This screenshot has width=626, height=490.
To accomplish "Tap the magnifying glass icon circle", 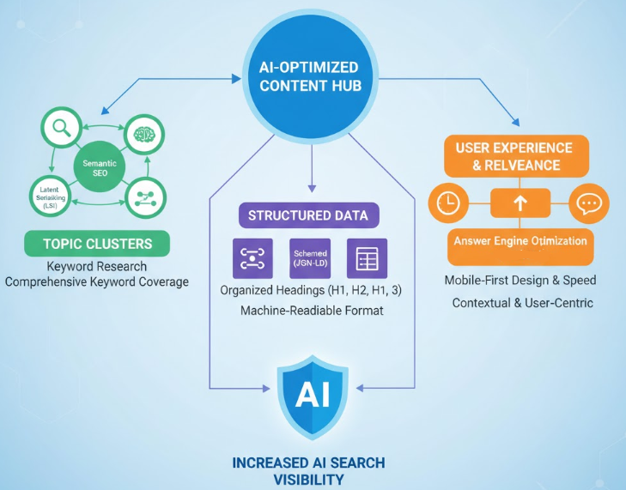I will [x=60, y=130].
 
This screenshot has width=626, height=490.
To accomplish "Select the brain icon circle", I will [x=143, y=135].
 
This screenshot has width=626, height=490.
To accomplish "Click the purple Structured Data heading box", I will [x=307, y=215].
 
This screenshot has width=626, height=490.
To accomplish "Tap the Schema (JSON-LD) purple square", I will [x=309, y=258].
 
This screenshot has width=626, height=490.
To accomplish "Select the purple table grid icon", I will [x=367, y=259].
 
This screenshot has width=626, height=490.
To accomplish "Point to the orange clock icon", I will [x=449, y=203].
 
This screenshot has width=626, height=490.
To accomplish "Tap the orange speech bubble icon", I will [x=588, y=204].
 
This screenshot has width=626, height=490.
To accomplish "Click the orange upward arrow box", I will [x=519, y=203].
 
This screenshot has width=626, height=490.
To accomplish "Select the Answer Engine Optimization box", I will [x=518, y=242].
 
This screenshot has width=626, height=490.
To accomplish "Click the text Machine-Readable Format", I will [x=312, y=310].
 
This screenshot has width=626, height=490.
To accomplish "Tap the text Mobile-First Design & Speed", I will [x=520, y=281].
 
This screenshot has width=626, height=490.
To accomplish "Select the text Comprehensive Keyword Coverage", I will [x=96, y=281].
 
